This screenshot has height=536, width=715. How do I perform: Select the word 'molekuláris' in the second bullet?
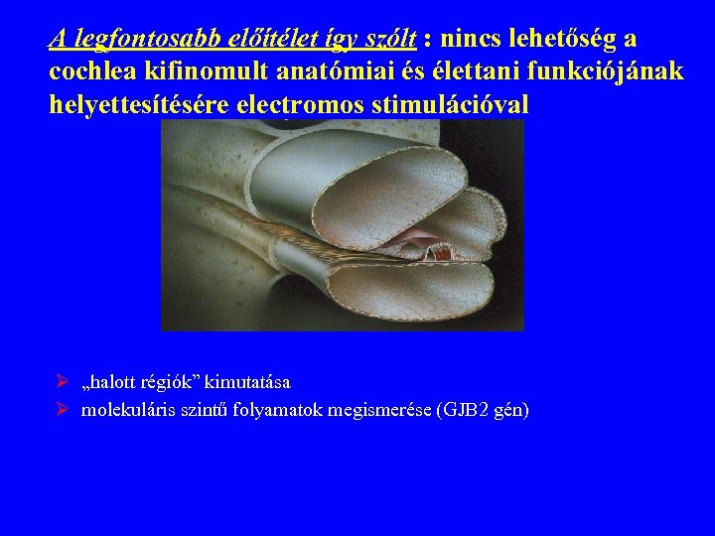130,409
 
